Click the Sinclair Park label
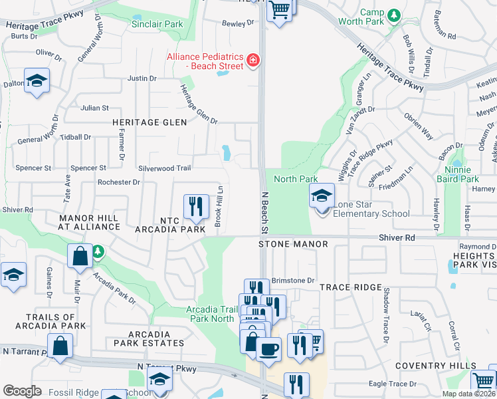pyautogui.click(x=157, y=24)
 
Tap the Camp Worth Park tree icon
pyautogui.click(x=394, y=14)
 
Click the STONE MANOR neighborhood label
pyautogui.click(x=293, y=244)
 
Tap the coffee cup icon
pyautogui.click(x=268, y=348)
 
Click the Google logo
pyautogui.click(x=22, y=390)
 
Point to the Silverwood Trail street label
pyautogui.click(x=164, y=168)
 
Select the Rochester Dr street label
pyautogui.click(x=118, y=182)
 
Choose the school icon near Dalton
pyautogui.click(x=37, y=81)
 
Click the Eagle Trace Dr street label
pyautogui.click(x=392, y=384)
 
